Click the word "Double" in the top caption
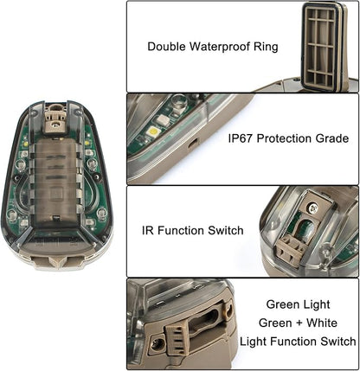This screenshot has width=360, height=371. tap(165, 46)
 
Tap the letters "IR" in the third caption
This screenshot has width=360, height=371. tap(147, 231)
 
